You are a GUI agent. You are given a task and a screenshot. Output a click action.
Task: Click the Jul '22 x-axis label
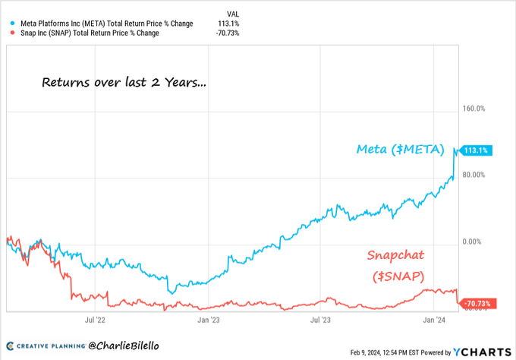(x=95, y=321)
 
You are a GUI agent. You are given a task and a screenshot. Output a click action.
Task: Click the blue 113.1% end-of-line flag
(x=477, y=150)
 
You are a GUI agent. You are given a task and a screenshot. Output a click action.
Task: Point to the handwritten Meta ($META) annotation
(x=401, y=150)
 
